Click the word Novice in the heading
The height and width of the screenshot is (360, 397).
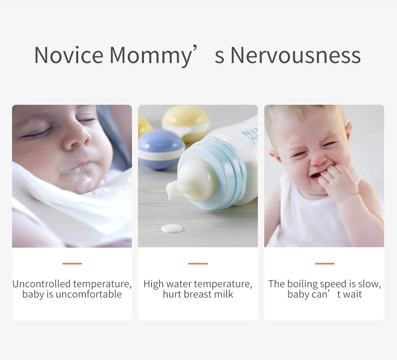pyautogui.click(x=69, y=55)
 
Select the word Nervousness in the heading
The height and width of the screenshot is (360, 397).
pyautogui.click(x=296, y=55)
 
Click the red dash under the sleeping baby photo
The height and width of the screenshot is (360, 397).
pyautogui.click(x=72, y=263)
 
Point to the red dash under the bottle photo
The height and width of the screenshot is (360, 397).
pyautogui.click(x=198, y=263)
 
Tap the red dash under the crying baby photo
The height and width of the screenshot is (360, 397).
pyautogui.click(x=325, y=263)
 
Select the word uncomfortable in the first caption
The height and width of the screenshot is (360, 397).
pyautogui.click(x=89, y=294)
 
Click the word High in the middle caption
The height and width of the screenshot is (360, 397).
pyautogui.click(x=154, y=285)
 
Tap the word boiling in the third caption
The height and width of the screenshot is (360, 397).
pyautogui.click(x=302, y=285)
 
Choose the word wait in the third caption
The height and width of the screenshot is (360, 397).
pyautogui.click(x=352, y=294)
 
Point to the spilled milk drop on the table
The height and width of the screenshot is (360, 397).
pyautogui.click(x=172, y=228)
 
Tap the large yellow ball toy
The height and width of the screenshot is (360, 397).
pyautogui.click(x=186, y=123)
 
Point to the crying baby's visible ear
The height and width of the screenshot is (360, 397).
pyautogui.click(x=348, y=131)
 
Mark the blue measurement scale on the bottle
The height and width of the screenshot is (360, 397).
pyautogui.click(x=251, y=134)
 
